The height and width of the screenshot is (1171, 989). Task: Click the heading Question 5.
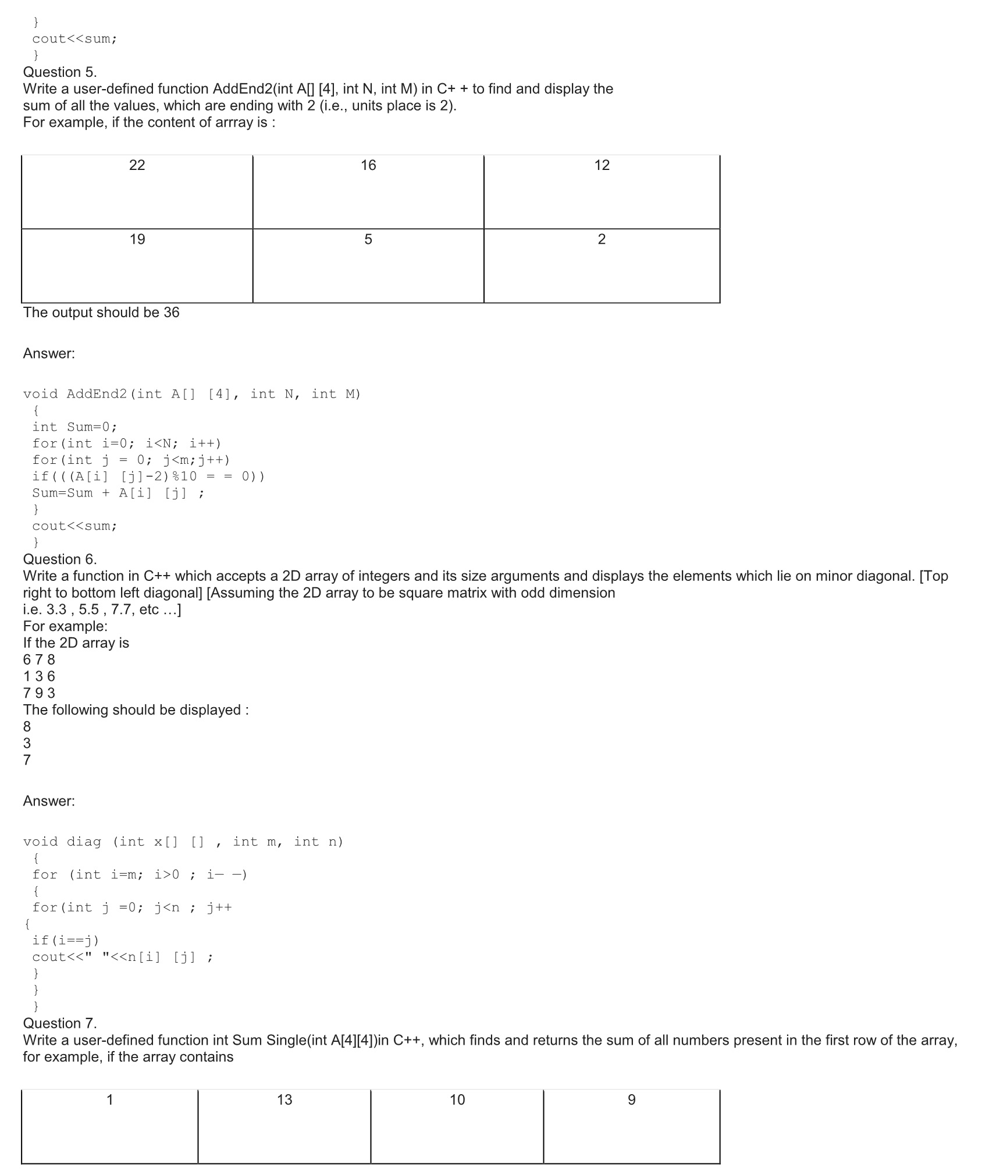tap(60, 72)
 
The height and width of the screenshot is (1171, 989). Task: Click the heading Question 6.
tap(60, 559)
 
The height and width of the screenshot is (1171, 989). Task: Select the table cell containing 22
tap(137, 191)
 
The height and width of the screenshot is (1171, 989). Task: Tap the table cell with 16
tap(368, 191)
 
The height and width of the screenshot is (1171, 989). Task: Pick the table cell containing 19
tap(137, 265)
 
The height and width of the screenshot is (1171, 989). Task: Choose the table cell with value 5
tap(368, 265)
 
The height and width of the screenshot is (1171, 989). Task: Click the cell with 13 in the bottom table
tap(284, 1126)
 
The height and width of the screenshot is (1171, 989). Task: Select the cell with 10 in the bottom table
tap(457, 1126)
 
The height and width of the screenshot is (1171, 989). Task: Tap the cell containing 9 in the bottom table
tap(632, 1126)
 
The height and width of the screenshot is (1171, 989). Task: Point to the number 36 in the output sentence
tap(172, 313)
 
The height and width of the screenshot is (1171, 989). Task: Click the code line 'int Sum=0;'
tap(74, 427)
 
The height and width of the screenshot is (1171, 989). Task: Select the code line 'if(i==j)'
tap(66, 940)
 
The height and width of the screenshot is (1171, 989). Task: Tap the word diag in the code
tap(84, 842)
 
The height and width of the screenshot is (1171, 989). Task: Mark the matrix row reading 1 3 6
tap(39, 676)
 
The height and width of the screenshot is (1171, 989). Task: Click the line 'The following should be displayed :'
tap(136, 710)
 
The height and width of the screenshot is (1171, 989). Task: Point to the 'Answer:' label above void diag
tap(49, 801)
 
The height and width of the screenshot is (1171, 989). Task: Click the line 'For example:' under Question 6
tap(65, 626)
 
